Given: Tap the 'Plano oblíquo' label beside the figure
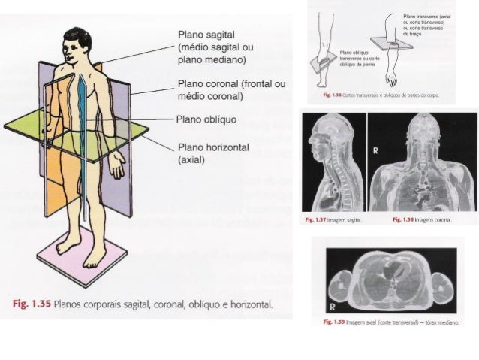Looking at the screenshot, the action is click(x=206, y=119).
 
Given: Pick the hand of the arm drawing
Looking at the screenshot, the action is click(x=391, y=76).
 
